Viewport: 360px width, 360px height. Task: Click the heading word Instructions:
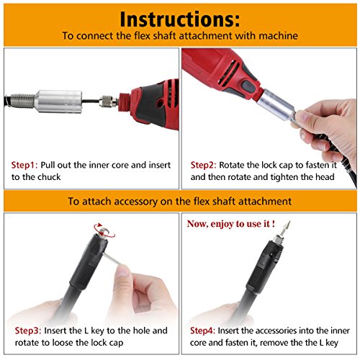(x=180, y=17)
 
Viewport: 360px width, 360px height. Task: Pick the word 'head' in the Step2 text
(x=330, y=176)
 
